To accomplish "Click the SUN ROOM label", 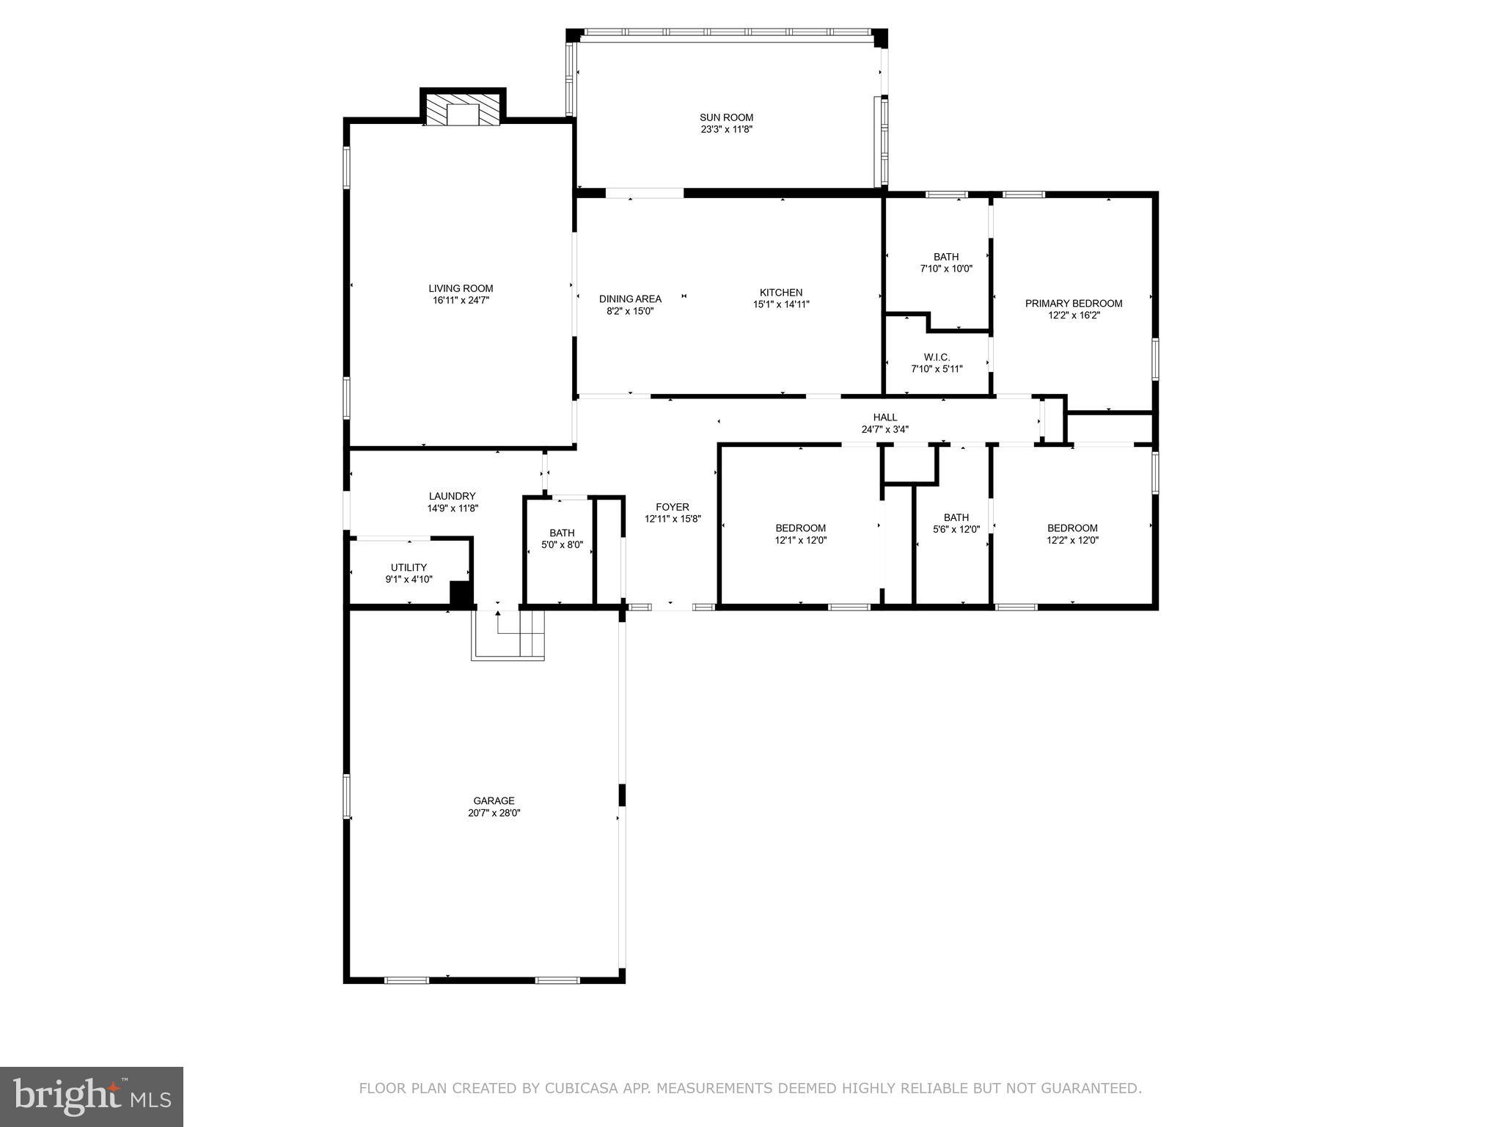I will pyautogui.click(x=726, y=117).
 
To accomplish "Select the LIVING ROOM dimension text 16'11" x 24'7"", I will pyautogui.click(x=461, y=300).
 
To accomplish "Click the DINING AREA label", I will pyautogui.click(x=630, y=299).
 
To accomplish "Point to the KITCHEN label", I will pyautogui.click(x=780, y=293).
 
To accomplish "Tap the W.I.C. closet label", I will pyautogui.click(x=937, y=357).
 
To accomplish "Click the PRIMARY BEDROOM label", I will pyautogui.click(x=1073, y=303).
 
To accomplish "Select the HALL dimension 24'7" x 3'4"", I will pyautogui.click(x=884, y=429).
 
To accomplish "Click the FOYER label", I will pyautogui.click(x=672, y=507).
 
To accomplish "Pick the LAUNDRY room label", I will pyautogui.click(x=452, y=496).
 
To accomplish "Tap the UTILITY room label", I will pyautogui.click(x=409, y=567).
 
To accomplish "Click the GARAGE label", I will pyautogui.click(x=494, y=800).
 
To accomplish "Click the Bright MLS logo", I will pyautogui.click(x=92, y=1096).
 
